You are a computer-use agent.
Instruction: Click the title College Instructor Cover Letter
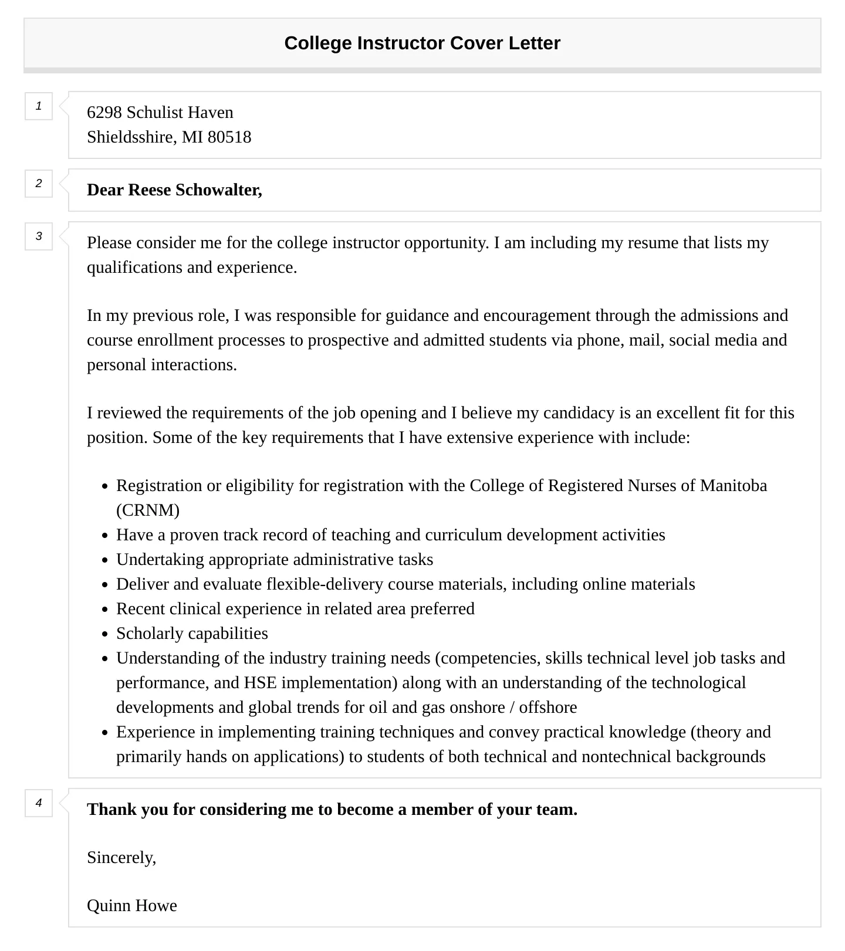pyautogui.click(x=422, y=43)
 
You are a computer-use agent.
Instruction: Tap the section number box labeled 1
pyautogui.click(x=39, y=106)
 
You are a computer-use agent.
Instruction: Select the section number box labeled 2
pyautogui.click(x=39, y=184)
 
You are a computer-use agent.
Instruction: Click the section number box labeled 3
pyautogui.click(x=39, y=236)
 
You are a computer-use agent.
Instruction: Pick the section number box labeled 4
pyautogui.click(x=39, y=803)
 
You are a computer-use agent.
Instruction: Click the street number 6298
pyautogui.click(x=104, y=113)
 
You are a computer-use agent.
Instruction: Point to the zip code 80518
pyautogui.click(x=229, y=137)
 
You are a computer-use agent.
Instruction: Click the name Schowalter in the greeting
pyautogui.click(x=218, y=190)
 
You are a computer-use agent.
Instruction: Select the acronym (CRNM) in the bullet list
pyautogui.click(x=148, y=510)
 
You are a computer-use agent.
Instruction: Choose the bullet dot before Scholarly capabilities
pyautogui.click(x=105, y=634)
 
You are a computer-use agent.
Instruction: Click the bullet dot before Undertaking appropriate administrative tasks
pyautogui.click(x=105, y=560)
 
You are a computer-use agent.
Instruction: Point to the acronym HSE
pyautogui.click(x=260, y=683)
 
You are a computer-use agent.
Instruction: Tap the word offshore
pyautogui.click(x=547, y=708)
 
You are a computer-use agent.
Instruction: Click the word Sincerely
pyautogui.click(x=121, y=858)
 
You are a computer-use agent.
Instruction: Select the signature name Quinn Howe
pyautogui.click(x=132, y=906)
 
